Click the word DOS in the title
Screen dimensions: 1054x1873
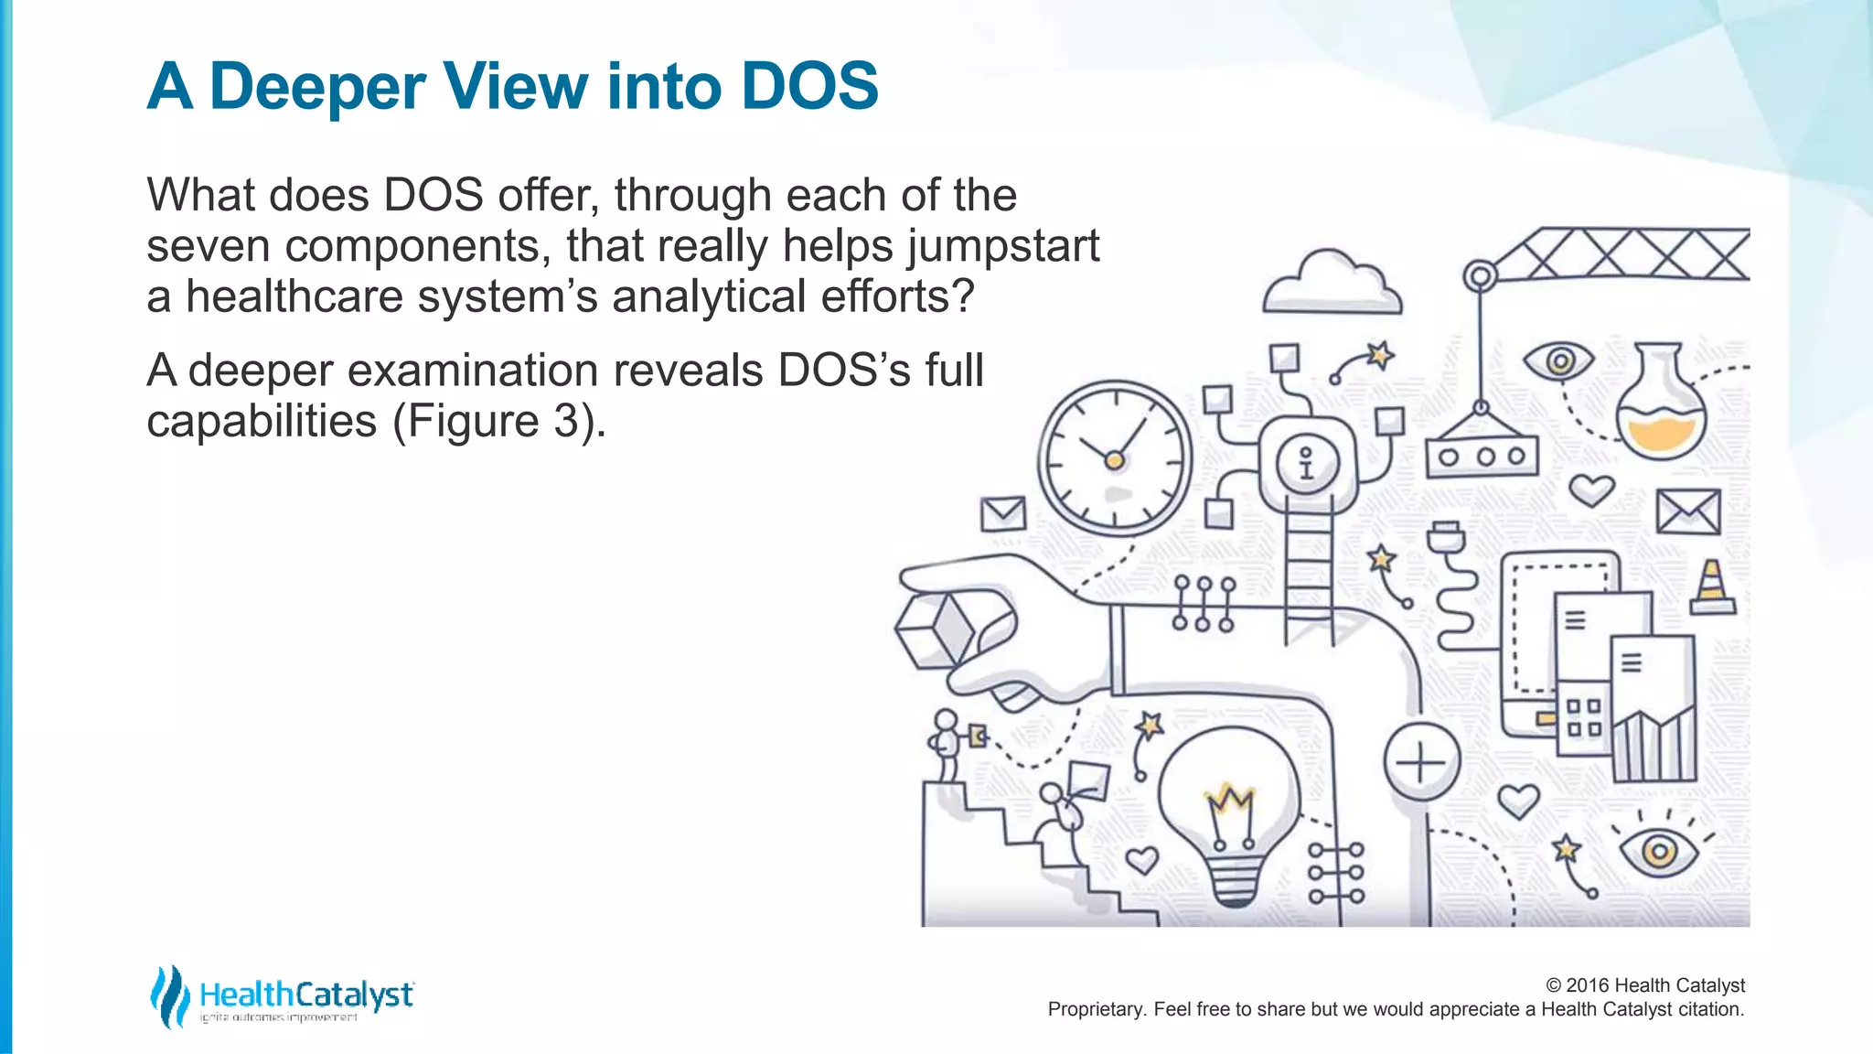[x=809, y=86]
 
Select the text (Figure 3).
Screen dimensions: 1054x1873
[x=498, y=421]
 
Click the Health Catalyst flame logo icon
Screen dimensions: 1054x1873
[x=169, y=996]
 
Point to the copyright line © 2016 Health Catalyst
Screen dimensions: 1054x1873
[x=1644, y=985]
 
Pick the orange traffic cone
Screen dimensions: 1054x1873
[x=1711, y=587]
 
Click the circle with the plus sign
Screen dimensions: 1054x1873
[x=1420, y=761]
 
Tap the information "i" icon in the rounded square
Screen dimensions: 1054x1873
[x=1306, y=461]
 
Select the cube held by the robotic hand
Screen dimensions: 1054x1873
[x=936, y=629]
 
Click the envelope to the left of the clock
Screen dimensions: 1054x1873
[x=1002, y=513]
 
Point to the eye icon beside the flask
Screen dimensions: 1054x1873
[x=1559, y=361]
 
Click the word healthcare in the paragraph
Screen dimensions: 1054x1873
[x=294, y=297]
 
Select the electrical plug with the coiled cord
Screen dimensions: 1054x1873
[x=1446, y=540]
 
